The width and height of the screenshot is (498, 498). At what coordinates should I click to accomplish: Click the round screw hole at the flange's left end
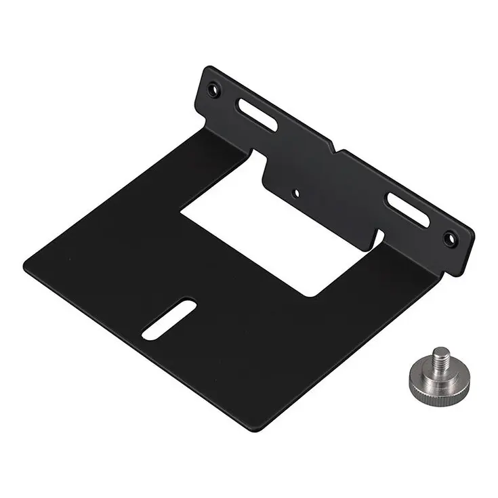(215, 88)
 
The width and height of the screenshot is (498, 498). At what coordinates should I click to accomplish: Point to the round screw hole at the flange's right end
(448, 237)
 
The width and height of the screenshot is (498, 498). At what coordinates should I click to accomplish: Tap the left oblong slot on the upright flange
(256, 115)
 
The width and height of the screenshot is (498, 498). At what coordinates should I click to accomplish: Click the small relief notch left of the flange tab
(256, 157)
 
